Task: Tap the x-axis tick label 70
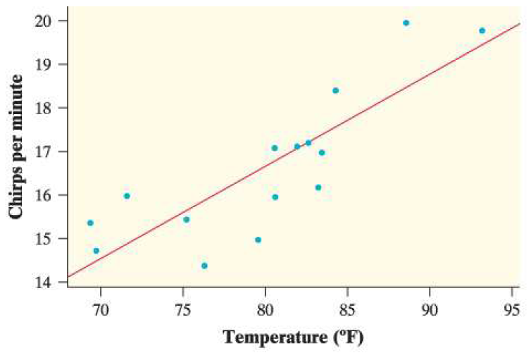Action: click(x=101, y=309)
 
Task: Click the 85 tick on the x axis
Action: click(x=347, y=309)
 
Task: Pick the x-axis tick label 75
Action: click(x=183, y=309)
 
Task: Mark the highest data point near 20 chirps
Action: click(x=406, y=23)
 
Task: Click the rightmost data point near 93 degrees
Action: click(x=482, y=30)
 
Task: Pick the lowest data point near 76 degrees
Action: click(x=204, y=266)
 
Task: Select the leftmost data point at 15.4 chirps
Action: click(x=90, y=223)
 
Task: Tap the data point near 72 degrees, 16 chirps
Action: click(x=127, y=196)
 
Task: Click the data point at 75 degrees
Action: click(x=186, y=219)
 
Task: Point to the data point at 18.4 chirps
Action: click(x=335, y=90)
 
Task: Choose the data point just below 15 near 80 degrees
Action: click(x=258, y=240)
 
